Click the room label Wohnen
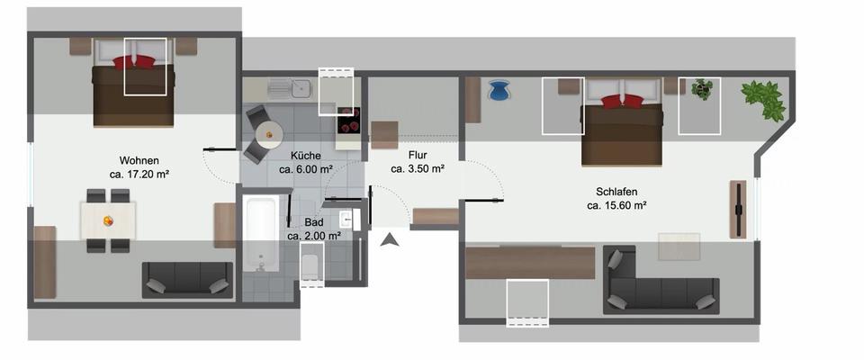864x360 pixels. [132, 161]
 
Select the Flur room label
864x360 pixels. [417, 155]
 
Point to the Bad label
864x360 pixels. [313, 221]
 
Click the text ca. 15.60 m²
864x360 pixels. [617, 205]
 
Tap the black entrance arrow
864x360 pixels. [389, 239]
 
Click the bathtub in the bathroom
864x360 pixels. [260, 234]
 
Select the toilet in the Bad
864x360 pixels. [310, 267]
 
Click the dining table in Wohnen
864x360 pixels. [108, 219]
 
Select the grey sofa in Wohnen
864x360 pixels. [186, 280]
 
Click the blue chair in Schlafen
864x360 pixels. [498, 90]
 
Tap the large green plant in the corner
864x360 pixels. [764, 99]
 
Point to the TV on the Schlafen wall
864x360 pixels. [738, 210]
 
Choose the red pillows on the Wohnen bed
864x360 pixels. [133, 62]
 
